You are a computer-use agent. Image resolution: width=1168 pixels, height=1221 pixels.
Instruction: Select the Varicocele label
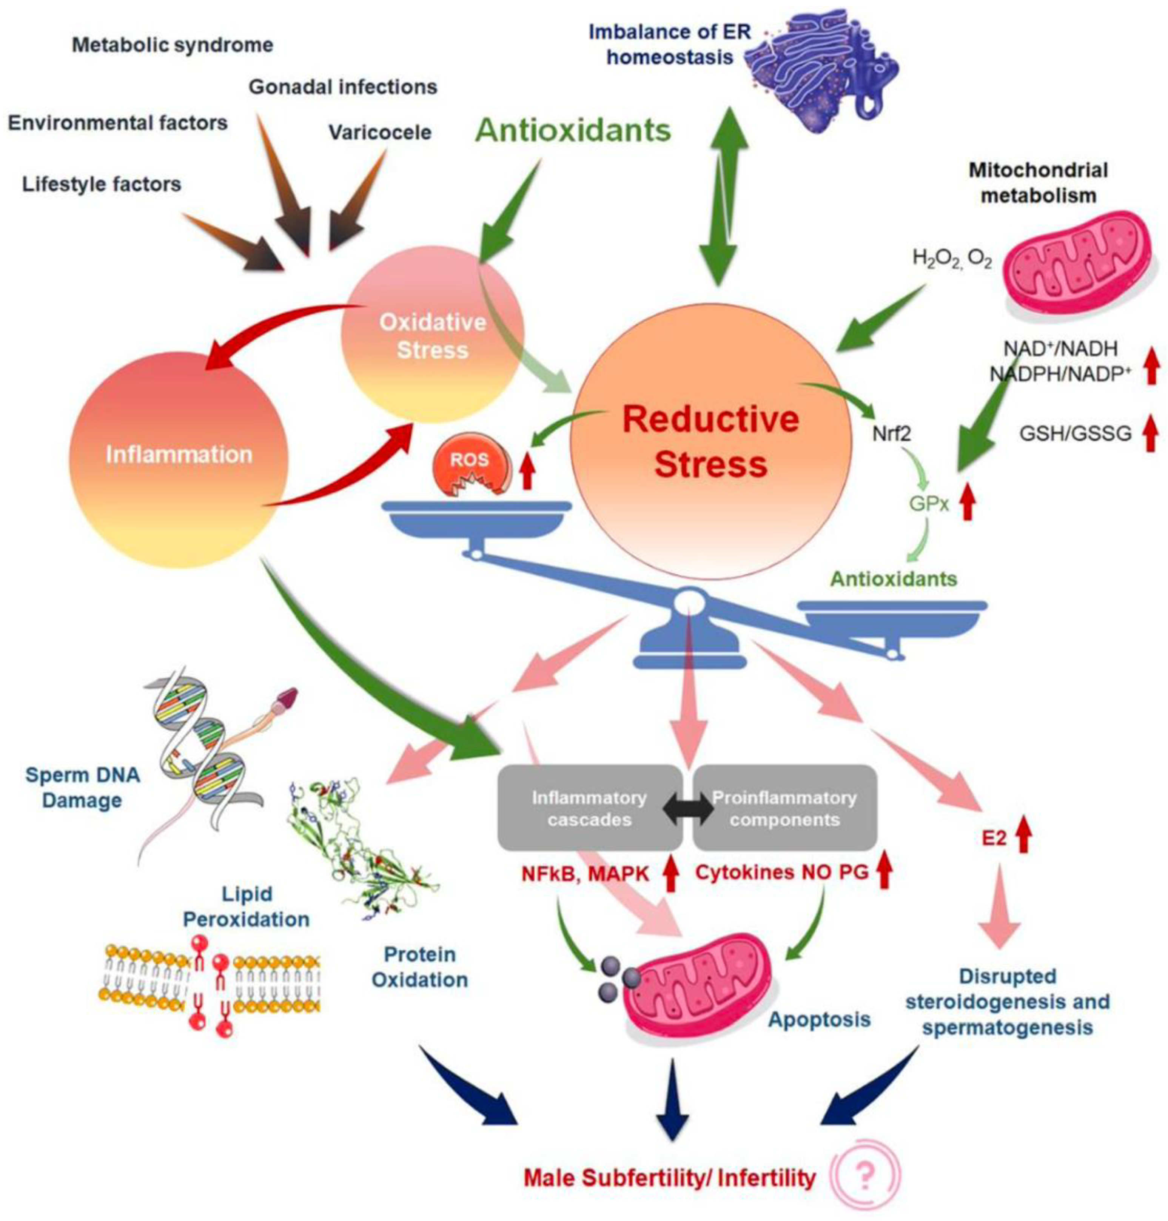(380, 133)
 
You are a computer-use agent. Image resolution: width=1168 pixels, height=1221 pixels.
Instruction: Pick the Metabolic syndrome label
(173, 45)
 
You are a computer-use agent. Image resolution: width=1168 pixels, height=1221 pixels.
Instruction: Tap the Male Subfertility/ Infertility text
(669, 1178)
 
